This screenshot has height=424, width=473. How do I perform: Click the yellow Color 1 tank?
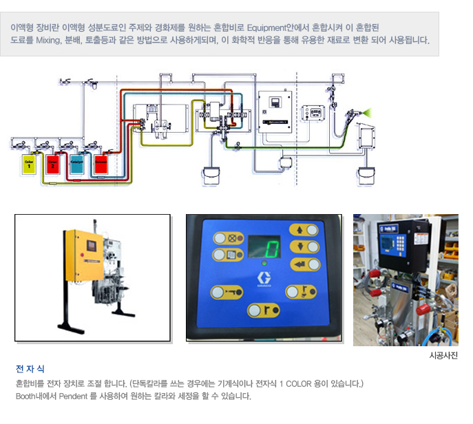[28, 165]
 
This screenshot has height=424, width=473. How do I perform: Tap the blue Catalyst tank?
[76, 165]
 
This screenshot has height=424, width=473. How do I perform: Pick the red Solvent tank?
[101, 165]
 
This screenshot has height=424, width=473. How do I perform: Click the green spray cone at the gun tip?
[368, 110]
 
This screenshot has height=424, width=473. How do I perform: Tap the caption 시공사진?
[443, 356]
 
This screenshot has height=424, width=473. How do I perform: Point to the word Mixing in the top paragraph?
[48, 41]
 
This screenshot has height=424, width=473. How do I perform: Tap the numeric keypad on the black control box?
[396, 242]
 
